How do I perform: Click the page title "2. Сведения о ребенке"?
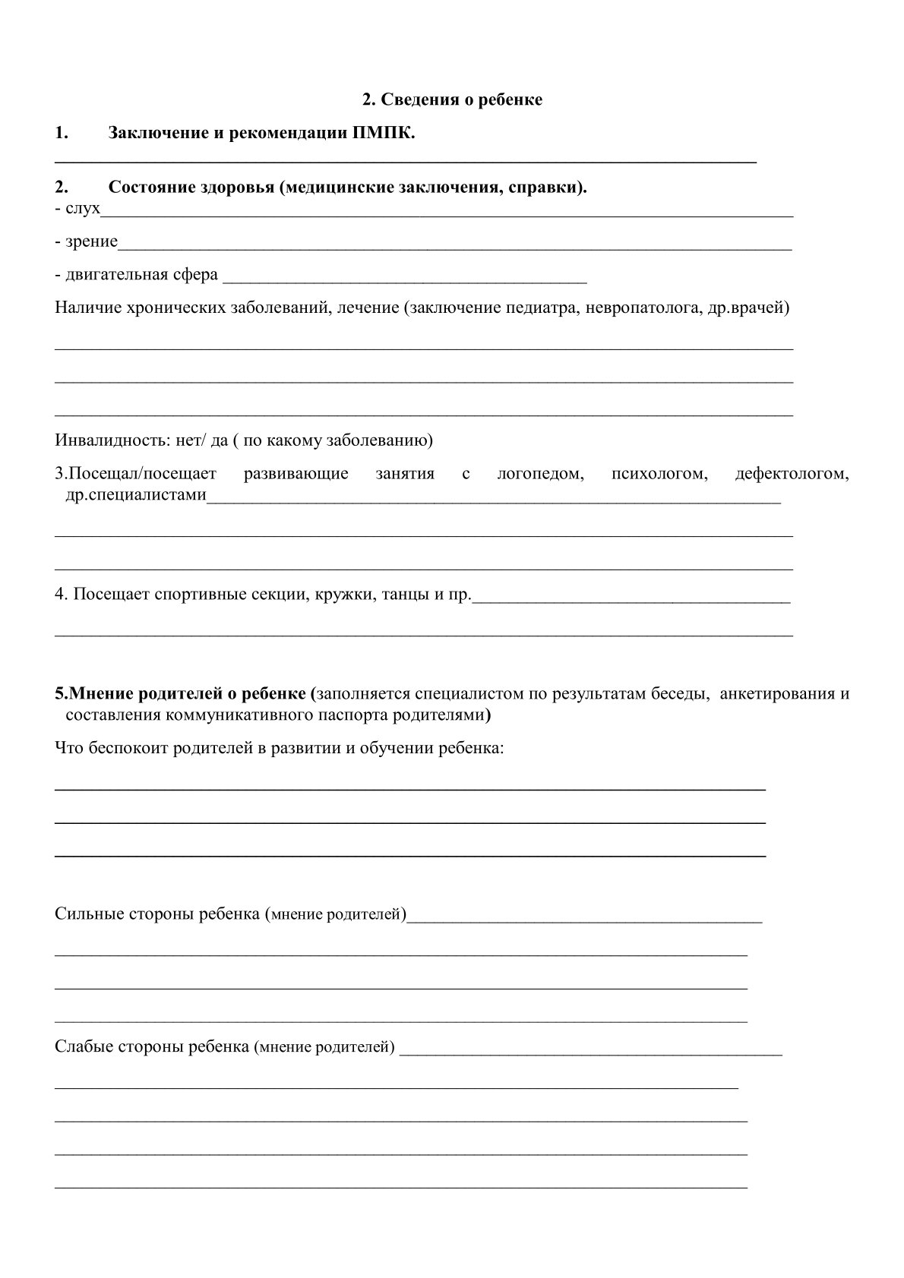(452, 99)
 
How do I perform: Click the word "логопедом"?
(540, 474)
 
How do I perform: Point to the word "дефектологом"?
(792, 474)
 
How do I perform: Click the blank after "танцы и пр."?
(631, 600)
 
